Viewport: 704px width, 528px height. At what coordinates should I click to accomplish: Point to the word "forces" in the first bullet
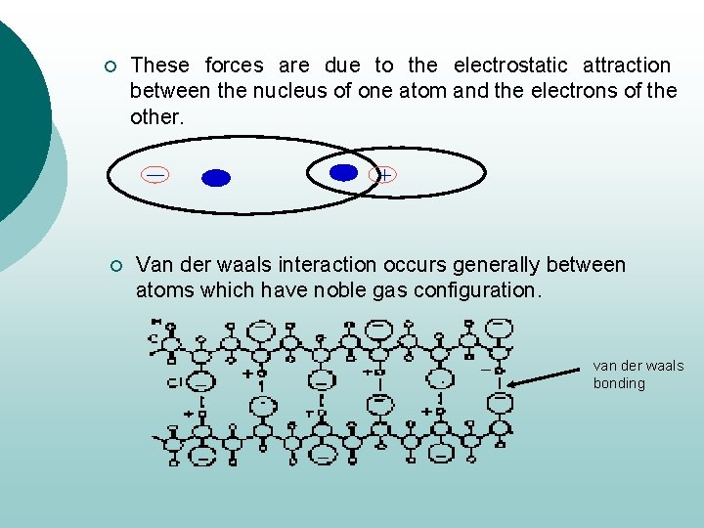point(235,66)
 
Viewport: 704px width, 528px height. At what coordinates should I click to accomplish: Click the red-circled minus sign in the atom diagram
point(154,175)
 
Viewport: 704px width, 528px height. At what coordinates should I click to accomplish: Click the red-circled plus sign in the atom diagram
point(384,175)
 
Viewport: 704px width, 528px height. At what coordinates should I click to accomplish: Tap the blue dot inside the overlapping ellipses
point(343,172)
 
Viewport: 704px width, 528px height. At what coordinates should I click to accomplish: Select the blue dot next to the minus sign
point(216,178)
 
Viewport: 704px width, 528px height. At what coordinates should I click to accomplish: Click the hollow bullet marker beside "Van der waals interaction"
point(114,266)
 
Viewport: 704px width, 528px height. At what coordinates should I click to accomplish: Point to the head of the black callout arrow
point(511,385)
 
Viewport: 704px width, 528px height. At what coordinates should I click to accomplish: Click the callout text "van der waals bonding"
point(638,374)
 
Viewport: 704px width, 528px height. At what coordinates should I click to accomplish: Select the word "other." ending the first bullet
point(156,117)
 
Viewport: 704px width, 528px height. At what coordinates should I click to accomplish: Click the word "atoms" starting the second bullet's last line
point(162,290)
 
